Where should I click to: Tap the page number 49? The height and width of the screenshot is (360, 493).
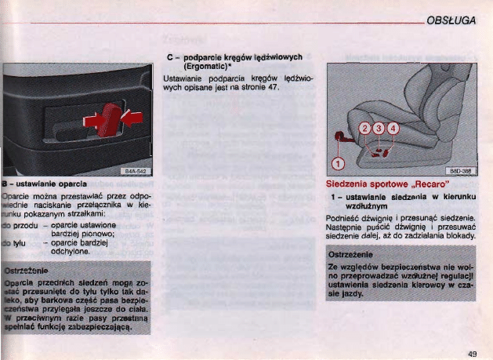click(x=472, y=355)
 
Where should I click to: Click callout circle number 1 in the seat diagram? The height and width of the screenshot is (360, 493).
click(x=338, y=163)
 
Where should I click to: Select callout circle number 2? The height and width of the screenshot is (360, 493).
click(x=364, y=129)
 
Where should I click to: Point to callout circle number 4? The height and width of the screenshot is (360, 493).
click(x=393, y=129)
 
